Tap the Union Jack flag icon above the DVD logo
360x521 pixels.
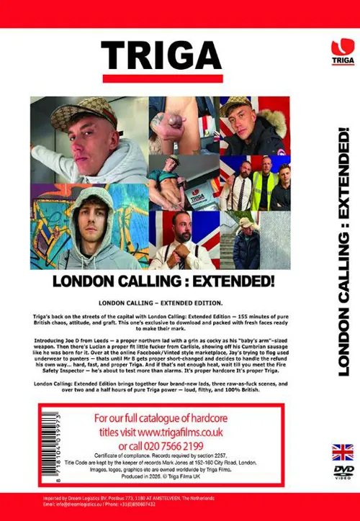[x=342, y=452]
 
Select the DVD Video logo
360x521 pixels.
[x=342, y=471]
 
